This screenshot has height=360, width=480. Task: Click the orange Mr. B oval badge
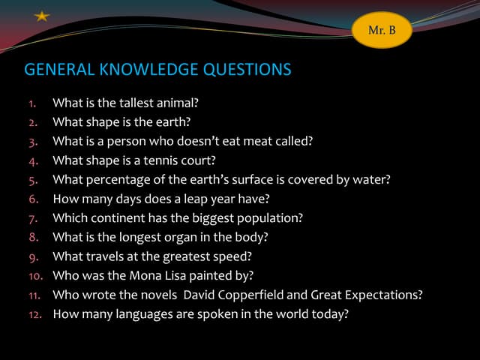pyautogui.click(x=382, y=30)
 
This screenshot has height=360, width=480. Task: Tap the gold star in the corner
pyautogui.click(x=42, y=15)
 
